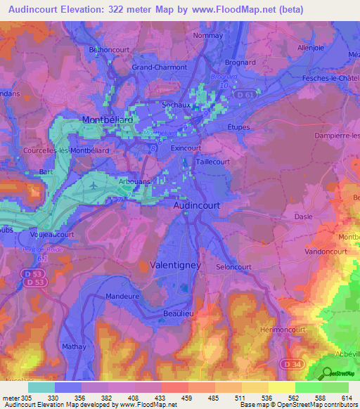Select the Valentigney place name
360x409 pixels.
(176, 265)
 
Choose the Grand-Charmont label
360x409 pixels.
(160, 67)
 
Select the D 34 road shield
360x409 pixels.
(296, 363)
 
